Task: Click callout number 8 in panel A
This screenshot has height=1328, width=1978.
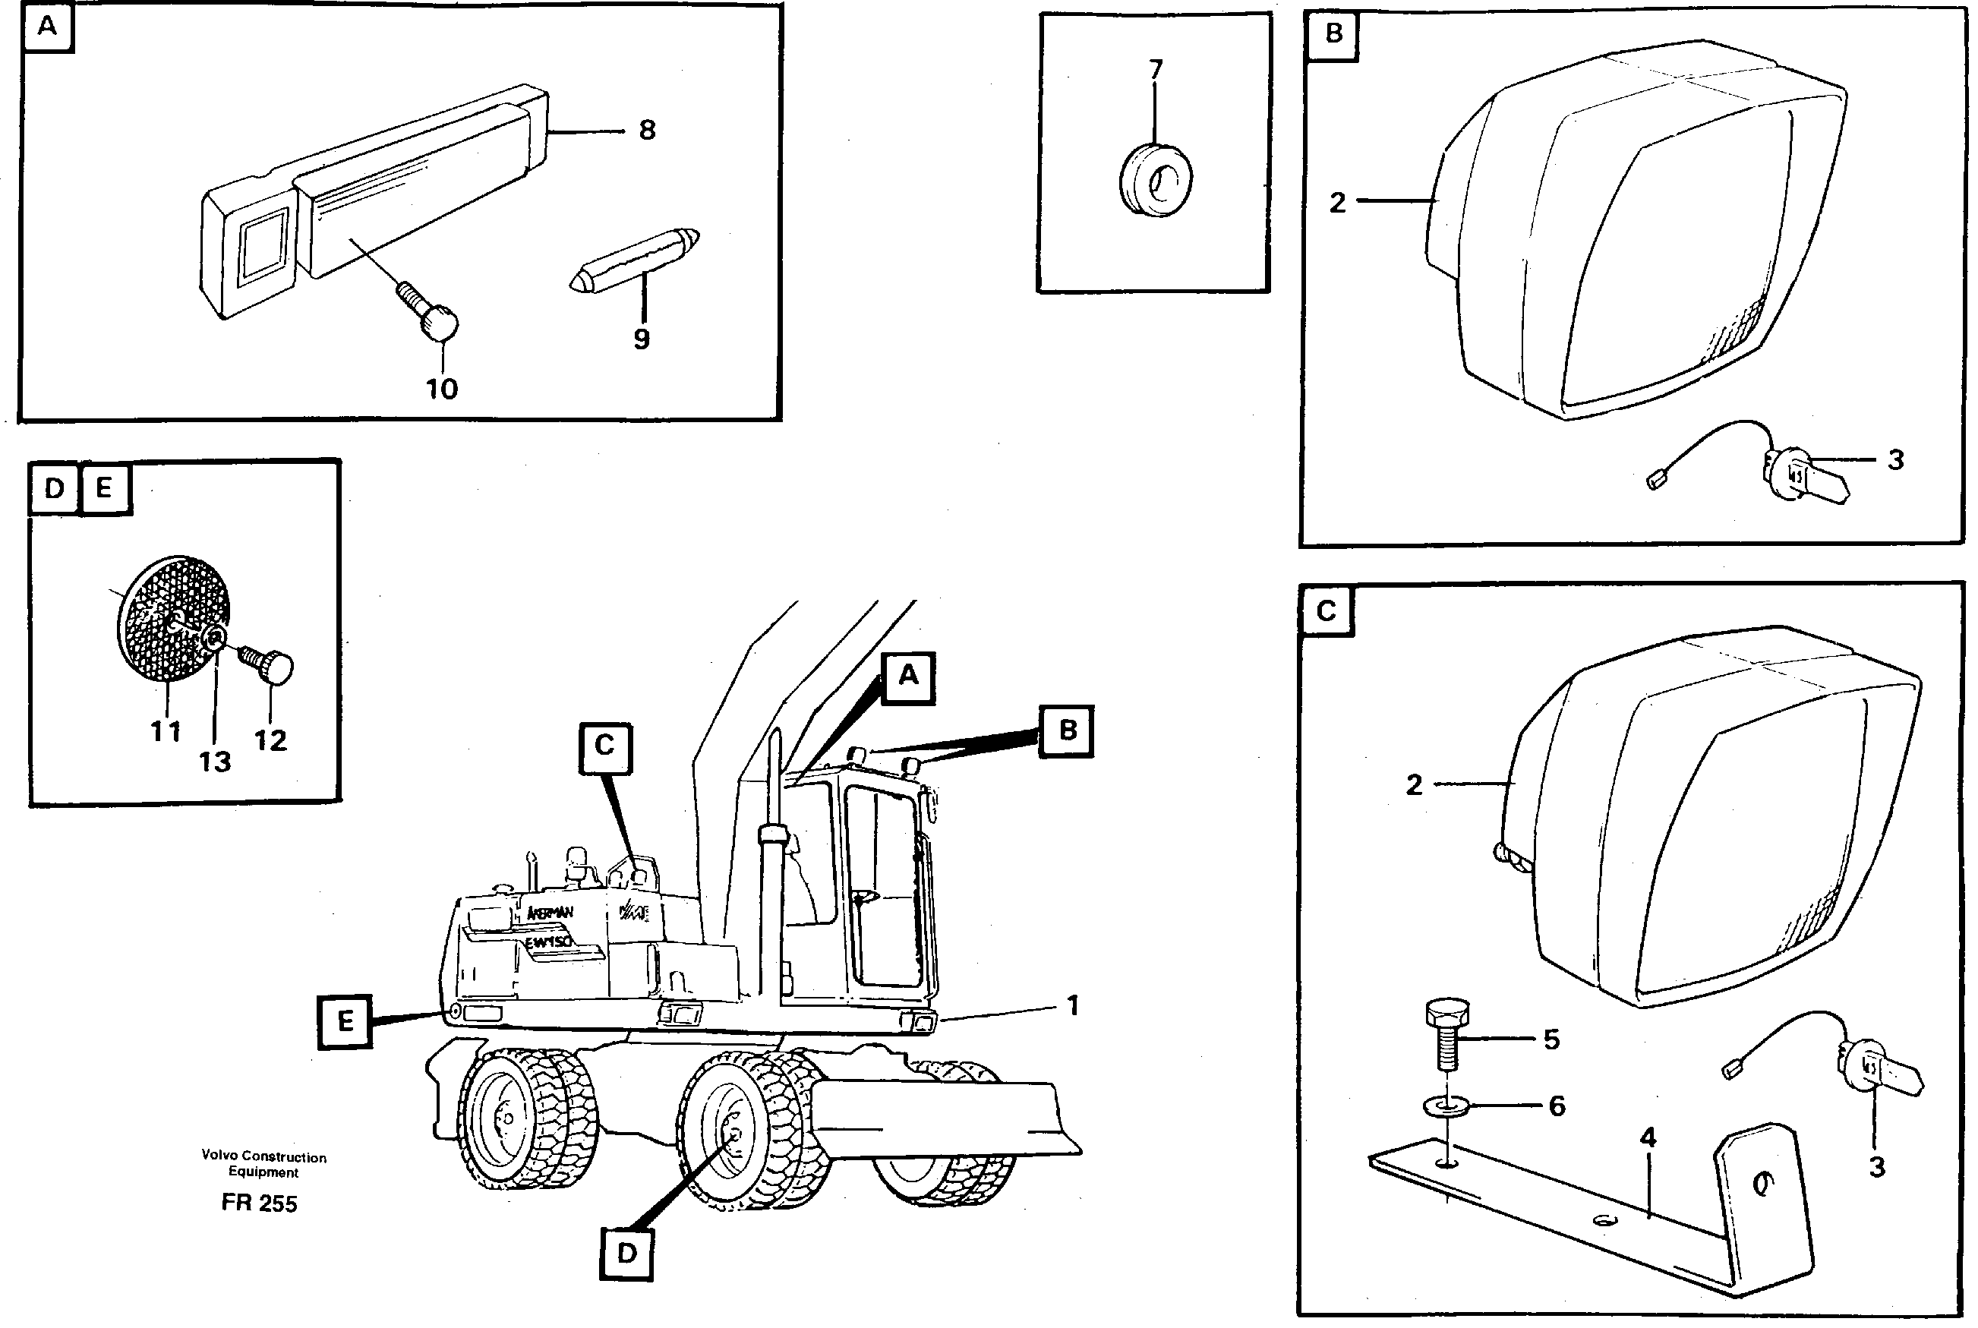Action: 647,131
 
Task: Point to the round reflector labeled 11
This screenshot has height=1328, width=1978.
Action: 156,618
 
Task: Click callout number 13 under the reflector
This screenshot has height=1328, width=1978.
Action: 214,762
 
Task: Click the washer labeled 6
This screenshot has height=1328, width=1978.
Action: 1447,1106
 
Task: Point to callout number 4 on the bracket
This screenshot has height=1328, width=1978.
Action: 1648,1138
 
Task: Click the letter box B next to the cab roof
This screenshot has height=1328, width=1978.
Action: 1067,731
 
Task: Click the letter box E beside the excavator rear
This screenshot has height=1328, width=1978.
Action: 345,1021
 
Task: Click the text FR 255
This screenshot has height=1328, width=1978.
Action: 259,1203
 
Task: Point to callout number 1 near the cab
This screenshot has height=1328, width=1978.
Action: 1073,1005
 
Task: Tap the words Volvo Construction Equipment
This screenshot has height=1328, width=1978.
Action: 263,1164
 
